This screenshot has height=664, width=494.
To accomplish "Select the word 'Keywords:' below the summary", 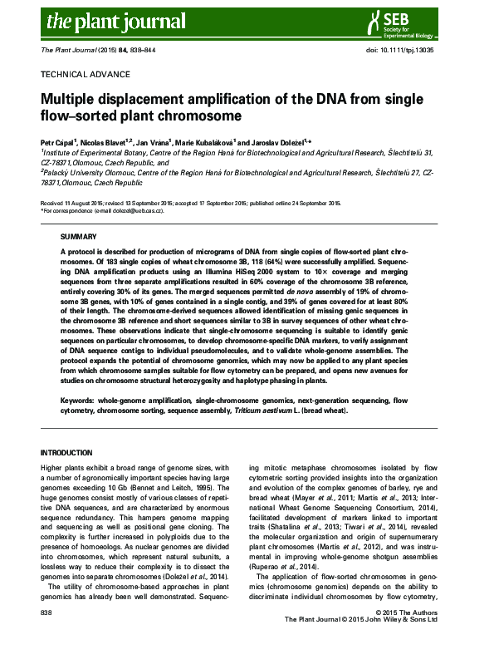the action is click(x=77, y=401).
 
